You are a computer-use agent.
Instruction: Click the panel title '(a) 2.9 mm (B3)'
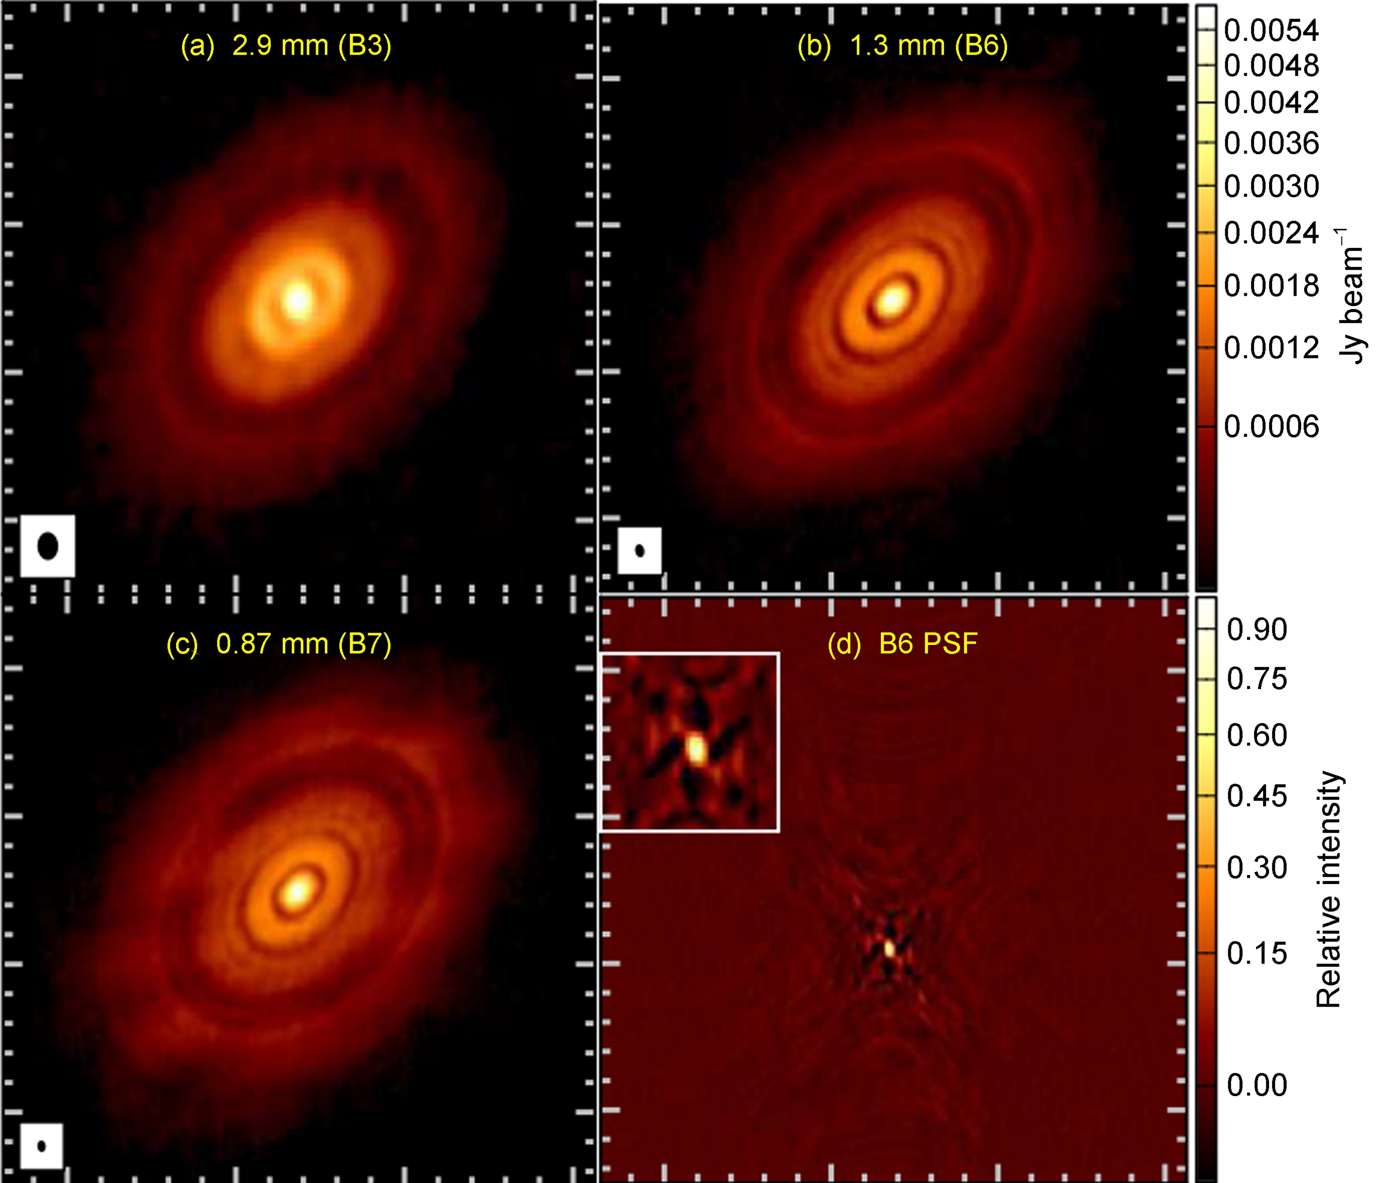coord(286,46)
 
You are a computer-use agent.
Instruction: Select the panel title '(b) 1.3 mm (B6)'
coord(902,46)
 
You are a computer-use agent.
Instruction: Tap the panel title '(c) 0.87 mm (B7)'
coord(279,644)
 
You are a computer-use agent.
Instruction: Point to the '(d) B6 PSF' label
coord(902,644)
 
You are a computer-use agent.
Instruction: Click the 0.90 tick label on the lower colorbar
coord(1257,629)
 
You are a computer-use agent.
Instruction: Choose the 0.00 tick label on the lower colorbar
coord(1257,1085)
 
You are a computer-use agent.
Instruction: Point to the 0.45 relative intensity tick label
coord(1257,796)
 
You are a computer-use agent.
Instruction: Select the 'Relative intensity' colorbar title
coord(1329,890)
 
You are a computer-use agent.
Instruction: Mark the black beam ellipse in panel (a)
coord(48,546)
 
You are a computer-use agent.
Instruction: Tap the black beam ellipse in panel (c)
coord(42,1146)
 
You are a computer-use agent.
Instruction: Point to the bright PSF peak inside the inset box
coord(696,749)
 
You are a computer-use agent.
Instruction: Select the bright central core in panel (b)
coord(891,299)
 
